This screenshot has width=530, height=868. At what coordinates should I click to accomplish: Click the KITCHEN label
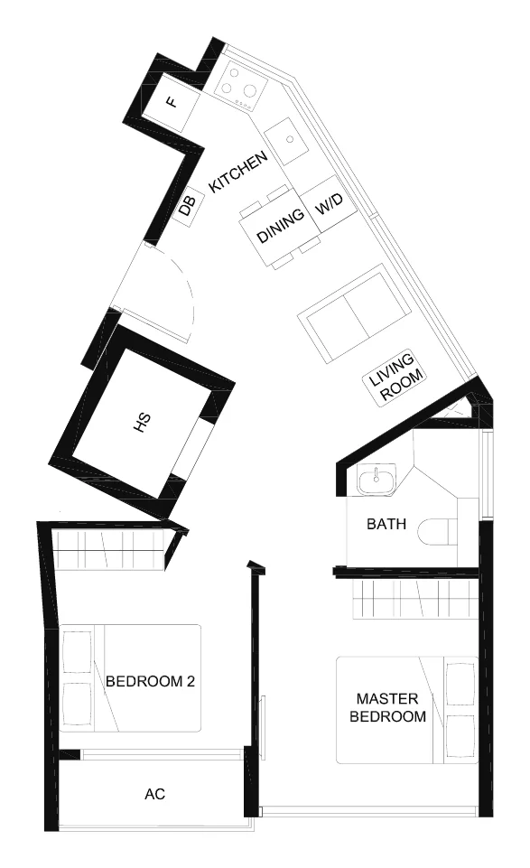click(x=239, y=172)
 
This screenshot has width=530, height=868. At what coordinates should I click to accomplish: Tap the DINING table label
click(x=281, y=225)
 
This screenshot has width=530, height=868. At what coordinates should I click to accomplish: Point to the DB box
click(x=187, y=208)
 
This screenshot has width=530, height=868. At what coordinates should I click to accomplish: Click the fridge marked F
click(x=172, y=102)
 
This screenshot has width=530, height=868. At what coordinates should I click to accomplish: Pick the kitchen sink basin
click(x=287, y=141)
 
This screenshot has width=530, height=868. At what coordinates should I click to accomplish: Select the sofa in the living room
click(x=354, y=313)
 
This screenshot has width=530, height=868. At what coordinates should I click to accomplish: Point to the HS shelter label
click(x=143, y=423)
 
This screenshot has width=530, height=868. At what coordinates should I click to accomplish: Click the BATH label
click(x=386, y=524)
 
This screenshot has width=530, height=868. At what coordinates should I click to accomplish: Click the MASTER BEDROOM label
click(x=387, y=707)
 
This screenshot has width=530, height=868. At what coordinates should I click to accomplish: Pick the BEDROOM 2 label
click(x=150, y=681)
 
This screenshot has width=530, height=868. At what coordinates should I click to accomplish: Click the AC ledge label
click(x=155, y=794)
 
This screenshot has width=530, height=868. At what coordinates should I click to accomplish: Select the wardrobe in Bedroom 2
click(x=109, y=550)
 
